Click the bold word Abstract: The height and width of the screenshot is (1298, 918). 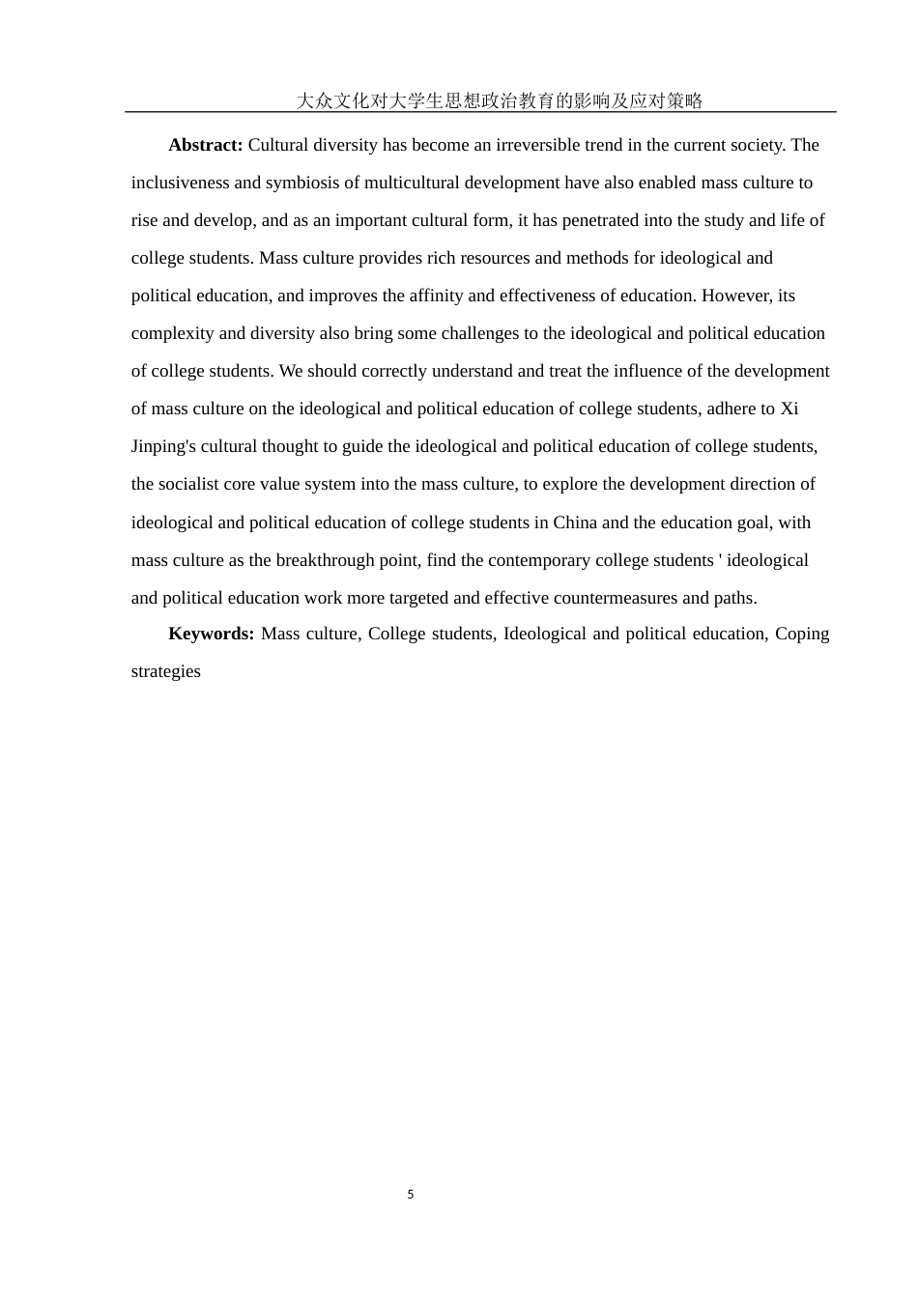(205, 145)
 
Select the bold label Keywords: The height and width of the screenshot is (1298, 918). (211, 634)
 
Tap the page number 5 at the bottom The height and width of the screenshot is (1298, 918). (411, 1195)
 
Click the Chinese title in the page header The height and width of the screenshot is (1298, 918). (499, 100)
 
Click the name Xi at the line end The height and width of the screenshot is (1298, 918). (789, 409)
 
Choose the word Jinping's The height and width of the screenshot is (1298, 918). (167, 446)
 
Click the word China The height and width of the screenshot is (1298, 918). (576, 522)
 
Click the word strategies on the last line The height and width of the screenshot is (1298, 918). (166, 671)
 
